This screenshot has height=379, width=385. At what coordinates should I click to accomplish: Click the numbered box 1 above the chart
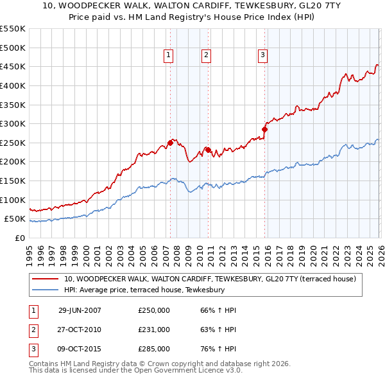tap(168, 56)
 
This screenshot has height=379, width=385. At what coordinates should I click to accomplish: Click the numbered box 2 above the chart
tap(206, 56)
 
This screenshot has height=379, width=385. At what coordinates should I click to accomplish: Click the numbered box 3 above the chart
tap(262, 56)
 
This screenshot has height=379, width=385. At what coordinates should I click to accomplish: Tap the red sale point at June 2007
tap(170, 143)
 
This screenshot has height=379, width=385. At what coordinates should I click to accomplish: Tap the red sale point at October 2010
tap(208, 150)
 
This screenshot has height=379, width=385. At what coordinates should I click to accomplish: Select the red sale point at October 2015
tap(264, 129)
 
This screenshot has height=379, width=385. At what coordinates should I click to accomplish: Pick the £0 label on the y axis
tap(19, 238)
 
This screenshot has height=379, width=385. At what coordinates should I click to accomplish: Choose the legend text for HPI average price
tap(144, 290)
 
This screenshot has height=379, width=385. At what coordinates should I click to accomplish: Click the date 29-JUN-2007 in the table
tap(80, 310)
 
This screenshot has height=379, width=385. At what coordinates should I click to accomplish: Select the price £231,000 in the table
tap(154, 330)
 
